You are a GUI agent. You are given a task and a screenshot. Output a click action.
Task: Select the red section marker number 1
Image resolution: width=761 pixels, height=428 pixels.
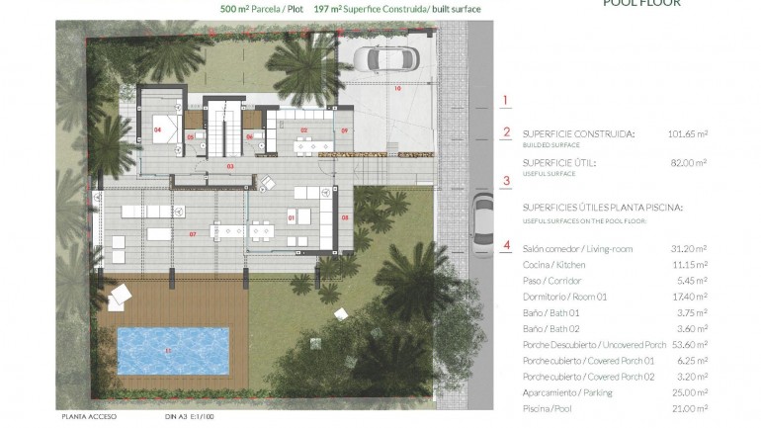tap(506, 100)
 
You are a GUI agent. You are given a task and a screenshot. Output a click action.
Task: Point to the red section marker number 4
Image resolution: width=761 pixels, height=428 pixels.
tap(506, 246)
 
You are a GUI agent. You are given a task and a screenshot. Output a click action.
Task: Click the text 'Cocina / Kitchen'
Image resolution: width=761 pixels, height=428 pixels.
tap(553, 265)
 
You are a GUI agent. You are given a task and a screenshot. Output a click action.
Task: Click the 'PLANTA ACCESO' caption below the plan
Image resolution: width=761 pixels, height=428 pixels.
tap(89, 417)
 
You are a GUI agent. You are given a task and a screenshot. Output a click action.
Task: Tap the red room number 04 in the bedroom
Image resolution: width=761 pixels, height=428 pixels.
tap(157, 128)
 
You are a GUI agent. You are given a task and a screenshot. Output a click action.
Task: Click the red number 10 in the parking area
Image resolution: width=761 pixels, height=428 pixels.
tap(398, 89)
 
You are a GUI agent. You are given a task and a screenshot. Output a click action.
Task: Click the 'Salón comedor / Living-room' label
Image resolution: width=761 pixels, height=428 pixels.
tap(577, 249)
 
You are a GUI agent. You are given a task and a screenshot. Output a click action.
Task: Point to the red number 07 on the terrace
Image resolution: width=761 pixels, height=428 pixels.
tap(193, 234)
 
